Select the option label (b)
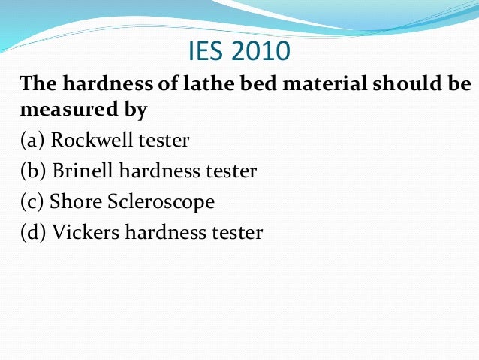point(34,171)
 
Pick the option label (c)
point(33,202)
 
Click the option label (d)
point(34,233)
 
